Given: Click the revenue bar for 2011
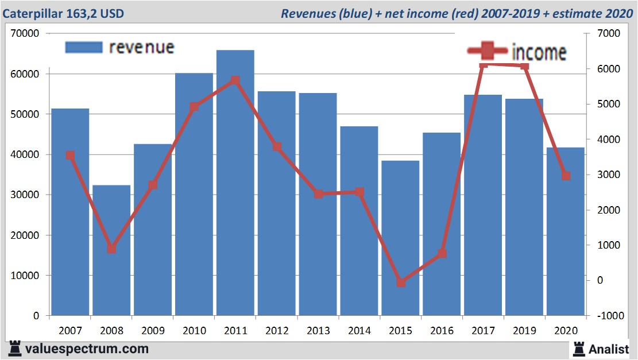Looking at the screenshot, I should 235,184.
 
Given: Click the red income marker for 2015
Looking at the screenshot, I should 401,282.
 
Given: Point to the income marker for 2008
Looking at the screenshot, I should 111,249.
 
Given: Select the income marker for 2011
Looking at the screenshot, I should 235,80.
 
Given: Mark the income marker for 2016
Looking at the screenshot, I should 442,253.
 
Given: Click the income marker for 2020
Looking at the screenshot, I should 566,176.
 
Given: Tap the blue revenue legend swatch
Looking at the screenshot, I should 83,47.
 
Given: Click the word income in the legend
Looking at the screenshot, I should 539,53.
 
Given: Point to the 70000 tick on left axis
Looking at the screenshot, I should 25,34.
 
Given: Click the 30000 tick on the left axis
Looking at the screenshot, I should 25,195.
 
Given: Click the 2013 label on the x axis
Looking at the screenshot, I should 318,331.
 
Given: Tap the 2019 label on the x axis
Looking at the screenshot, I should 524,331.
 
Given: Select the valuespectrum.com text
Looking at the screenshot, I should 87,349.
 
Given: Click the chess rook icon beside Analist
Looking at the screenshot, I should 578,348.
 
